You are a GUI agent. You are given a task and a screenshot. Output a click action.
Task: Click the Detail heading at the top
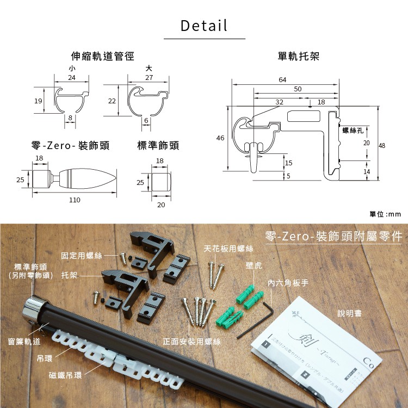tap(204, 26)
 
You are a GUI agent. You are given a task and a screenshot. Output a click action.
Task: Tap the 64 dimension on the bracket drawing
tap(282, 80)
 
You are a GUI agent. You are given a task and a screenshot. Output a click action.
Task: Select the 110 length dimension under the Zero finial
tap(75, 200)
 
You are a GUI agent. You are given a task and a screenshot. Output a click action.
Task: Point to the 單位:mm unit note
tap(385, 214)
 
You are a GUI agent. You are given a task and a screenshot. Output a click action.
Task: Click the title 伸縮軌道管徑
tap(103, 56)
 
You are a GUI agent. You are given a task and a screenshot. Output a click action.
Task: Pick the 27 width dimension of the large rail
tap(149, 78)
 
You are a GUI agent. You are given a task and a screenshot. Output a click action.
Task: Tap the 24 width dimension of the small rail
tap(72, 78)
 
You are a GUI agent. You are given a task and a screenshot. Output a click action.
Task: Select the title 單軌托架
tap(298, 56)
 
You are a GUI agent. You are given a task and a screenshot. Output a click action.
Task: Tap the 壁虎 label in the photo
tap(254, 266)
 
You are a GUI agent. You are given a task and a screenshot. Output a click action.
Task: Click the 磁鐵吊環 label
tap(65, 375)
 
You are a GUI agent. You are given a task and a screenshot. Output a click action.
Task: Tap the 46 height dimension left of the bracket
tap(220, 138)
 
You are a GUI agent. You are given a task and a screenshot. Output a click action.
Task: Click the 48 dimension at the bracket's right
tap(382, 145)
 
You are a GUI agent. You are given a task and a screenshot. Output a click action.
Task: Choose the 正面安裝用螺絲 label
tap(191, 341)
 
